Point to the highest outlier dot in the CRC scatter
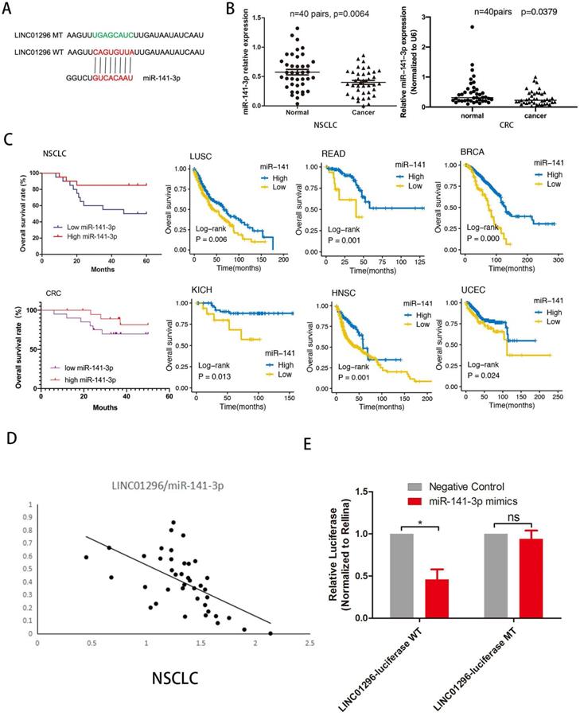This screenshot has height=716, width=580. tap(450, 26)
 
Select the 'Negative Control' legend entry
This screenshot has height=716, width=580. tap(469, 485)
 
